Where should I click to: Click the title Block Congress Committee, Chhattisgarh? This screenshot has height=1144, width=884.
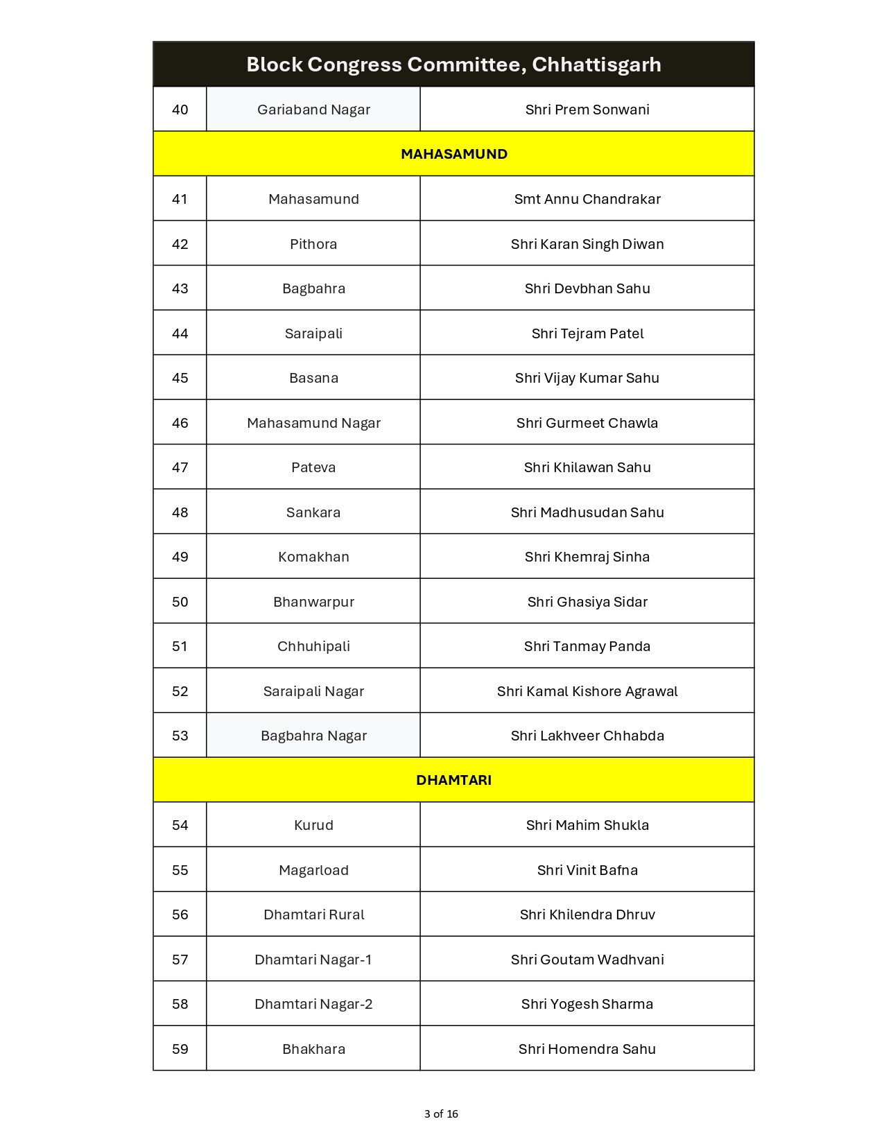(453, 64)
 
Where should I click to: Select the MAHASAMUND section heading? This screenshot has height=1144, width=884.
(453, 154)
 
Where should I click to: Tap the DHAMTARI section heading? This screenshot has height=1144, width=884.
(453, 780)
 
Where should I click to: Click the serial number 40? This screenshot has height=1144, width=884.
(180, 110)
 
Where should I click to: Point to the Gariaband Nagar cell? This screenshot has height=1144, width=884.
(313, 110)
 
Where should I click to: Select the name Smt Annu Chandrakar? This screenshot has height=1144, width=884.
(587, 199)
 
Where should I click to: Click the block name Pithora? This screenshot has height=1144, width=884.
(313, 244)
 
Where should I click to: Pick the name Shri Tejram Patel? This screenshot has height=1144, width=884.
(587, 333)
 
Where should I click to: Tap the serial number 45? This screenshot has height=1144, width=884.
(180, 378)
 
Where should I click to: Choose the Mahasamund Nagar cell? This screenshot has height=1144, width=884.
(313, 423)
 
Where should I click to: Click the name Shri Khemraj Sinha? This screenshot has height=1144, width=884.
(587, 557)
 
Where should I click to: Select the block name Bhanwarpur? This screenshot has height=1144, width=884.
(313, 602)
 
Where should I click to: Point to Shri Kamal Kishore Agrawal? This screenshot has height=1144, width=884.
(587, 691)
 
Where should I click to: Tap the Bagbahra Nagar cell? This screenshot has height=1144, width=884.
(313, 736)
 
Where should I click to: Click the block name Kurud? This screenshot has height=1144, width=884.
(313, 825)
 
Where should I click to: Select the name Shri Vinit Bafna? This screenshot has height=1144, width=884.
(587, 870)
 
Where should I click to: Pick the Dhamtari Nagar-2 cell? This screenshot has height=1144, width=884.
(313, 1004)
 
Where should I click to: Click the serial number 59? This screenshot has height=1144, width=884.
(180, 1049)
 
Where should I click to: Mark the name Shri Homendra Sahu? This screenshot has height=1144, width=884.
(587, 1049)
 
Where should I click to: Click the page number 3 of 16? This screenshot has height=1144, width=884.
(441, 1114)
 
